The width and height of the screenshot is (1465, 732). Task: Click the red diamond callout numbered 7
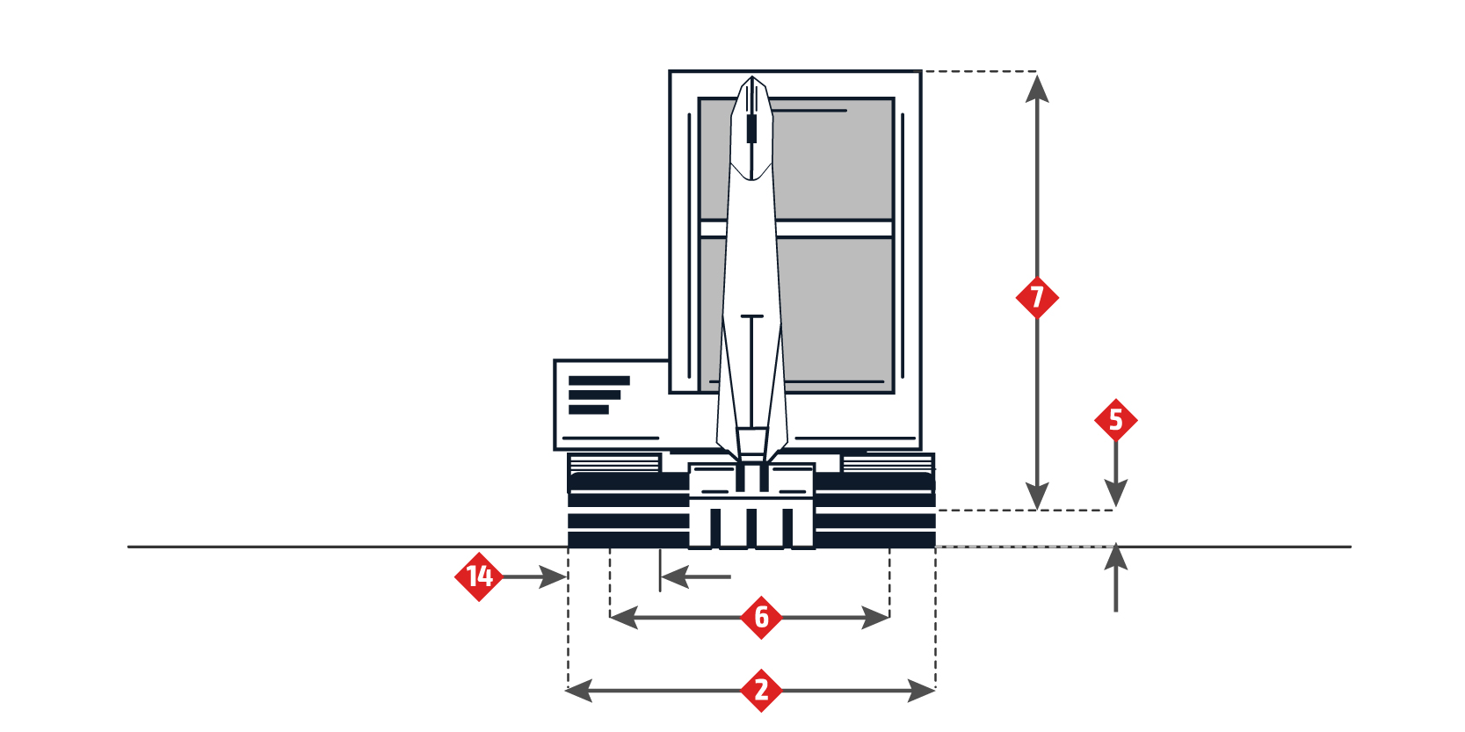(x=1037, y=298)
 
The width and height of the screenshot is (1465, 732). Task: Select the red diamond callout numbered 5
(x=1115, y=420)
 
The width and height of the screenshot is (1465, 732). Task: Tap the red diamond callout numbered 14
(x=479, y=576)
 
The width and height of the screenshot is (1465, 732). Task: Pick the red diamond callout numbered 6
(x=761, y=618)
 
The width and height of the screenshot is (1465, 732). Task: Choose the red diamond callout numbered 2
(x=761, y=691)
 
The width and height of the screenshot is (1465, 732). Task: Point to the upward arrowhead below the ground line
(x=1115, y=557)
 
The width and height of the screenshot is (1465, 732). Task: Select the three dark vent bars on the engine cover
(x=598, y=395)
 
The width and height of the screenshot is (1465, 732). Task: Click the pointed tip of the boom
(x=752, y=81)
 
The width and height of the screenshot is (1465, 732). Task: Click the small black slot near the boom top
(x=751, y=128)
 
